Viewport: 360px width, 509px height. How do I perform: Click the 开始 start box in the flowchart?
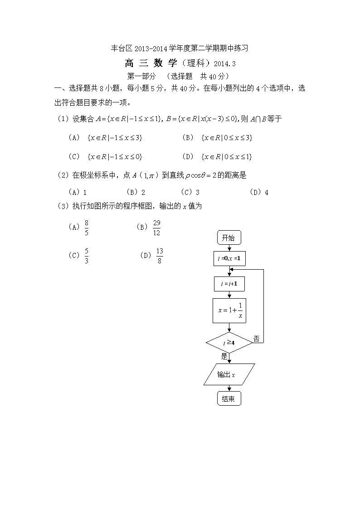click(x=229, y=238)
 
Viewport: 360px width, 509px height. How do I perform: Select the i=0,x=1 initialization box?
click(x=229, y=259)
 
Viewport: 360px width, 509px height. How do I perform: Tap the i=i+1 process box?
click(x=229, y=284)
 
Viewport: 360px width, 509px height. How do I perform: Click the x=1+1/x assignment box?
click(x=229, y=310)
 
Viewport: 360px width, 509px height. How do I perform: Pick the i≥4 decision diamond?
click(x=229, y=343)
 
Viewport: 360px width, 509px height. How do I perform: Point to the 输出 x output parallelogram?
click(x=229, y=374)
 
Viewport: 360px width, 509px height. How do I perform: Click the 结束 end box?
click(x=229, y=398)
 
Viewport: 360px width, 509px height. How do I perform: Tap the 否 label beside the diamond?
click(x=257, y=339)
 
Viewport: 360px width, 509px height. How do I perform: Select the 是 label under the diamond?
click(x=224, y=356)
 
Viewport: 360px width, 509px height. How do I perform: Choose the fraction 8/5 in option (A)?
click(x=86, y=228)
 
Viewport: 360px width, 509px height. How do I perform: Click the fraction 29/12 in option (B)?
click(x=157, y=228)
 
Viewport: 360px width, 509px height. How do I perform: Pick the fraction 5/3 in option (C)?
click(x=86, y=256)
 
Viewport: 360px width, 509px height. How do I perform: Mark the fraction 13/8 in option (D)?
click(x=160, y=256)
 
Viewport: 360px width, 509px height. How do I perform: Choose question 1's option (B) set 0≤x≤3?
click(x=218, y=138)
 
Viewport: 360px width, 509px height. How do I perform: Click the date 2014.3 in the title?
click(x=224, y=64)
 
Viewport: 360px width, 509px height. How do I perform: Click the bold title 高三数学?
click(x=151, y=63)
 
